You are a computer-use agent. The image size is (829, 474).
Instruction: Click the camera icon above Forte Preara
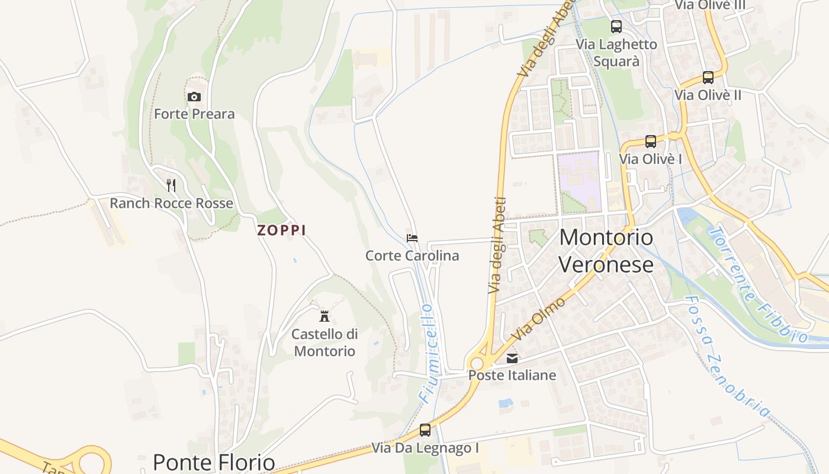click(194, 97)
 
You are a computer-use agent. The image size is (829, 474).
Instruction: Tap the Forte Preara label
click(194, 114)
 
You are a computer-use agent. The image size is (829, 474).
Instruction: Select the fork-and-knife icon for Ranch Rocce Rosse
click(171, 185)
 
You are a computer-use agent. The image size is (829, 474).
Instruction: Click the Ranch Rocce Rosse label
click(171, 204)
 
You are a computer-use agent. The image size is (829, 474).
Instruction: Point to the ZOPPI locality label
click(281, 230)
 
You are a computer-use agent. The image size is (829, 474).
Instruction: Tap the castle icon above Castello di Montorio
click(324, 316)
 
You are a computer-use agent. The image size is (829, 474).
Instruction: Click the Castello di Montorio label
click(324, 342)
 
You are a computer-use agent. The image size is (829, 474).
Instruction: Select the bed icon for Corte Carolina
click(412, 238)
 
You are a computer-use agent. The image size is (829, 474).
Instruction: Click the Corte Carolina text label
click(412, 256)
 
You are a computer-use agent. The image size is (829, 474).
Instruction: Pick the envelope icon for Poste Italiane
click(512, 358)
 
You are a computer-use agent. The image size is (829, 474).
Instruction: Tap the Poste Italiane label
click(512, 375)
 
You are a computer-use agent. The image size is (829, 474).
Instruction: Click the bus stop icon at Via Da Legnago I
click(425, 430)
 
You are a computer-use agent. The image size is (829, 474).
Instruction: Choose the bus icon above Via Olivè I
click(651, 142)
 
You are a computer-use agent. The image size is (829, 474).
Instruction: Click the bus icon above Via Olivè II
click(708, 78)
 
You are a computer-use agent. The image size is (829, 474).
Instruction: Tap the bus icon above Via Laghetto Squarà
click(616, 27)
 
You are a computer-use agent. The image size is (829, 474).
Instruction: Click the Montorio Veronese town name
click(606, 251)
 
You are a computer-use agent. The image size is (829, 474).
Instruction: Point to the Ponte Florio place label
click(214, 462)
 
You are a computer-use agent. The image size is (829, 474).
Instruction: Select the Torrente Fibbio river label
click(759, 284)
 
